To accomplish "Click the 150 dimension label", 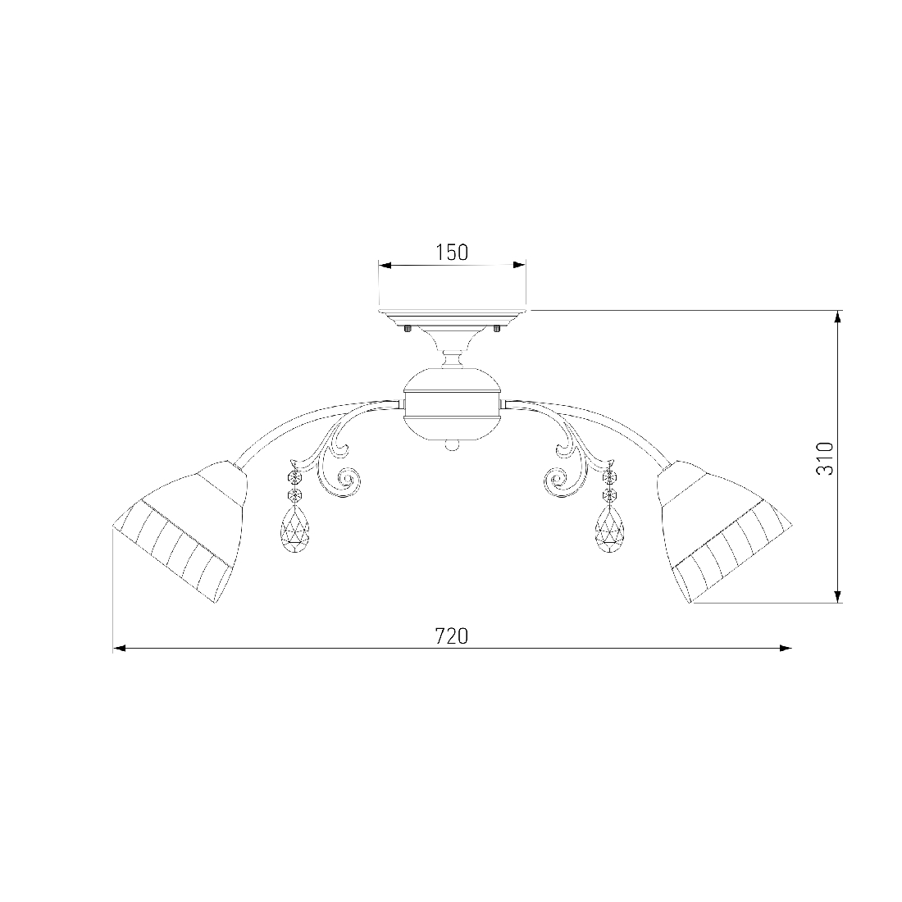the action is click(452, 252).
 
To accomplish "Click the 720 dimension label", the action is click(452, 636).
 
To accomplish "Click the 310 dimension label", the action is click(825, 458).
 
